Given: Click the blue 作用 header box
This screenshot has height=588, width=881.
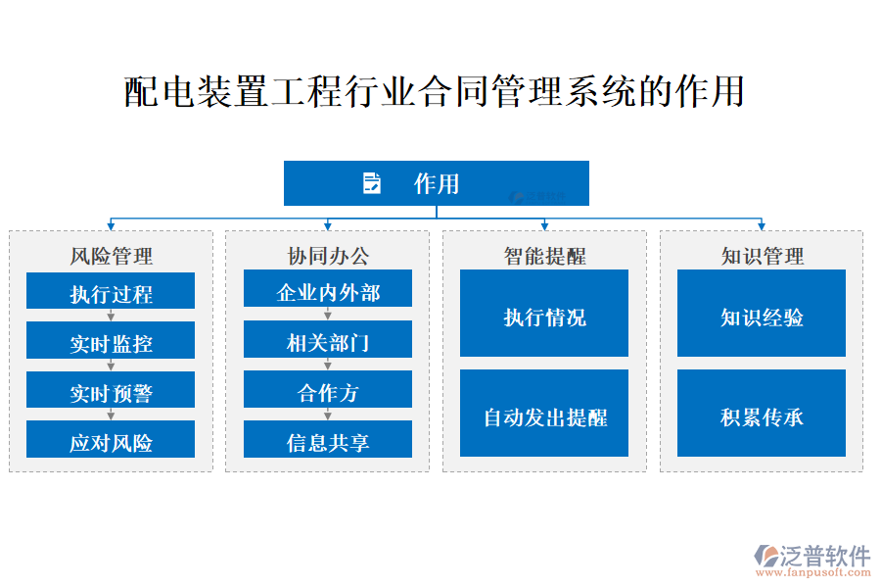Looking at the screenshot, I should (x=437, y=183).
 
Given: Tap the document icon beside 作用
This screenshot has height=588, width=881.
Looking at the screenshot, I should (x=372, y=183).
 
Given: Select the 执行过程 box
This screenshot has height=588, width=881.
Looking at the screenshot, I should (x=111, y=292).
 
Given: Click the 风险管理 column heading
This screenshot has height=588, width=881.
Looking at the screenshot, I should (x=111, y=256).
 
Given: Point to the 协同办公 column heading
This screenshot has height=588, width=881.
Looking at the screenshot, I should (x=328, y=256).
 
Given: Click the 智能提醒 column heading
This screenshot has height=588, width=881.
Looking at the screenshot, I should (x=544, y=256).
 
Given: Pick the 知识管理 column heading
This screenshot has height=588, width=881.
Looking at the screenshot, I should (x=762, y=256).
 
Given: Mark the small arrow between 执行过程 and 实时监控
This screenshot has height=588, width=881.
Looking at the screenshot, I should (x=111, y=316).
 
